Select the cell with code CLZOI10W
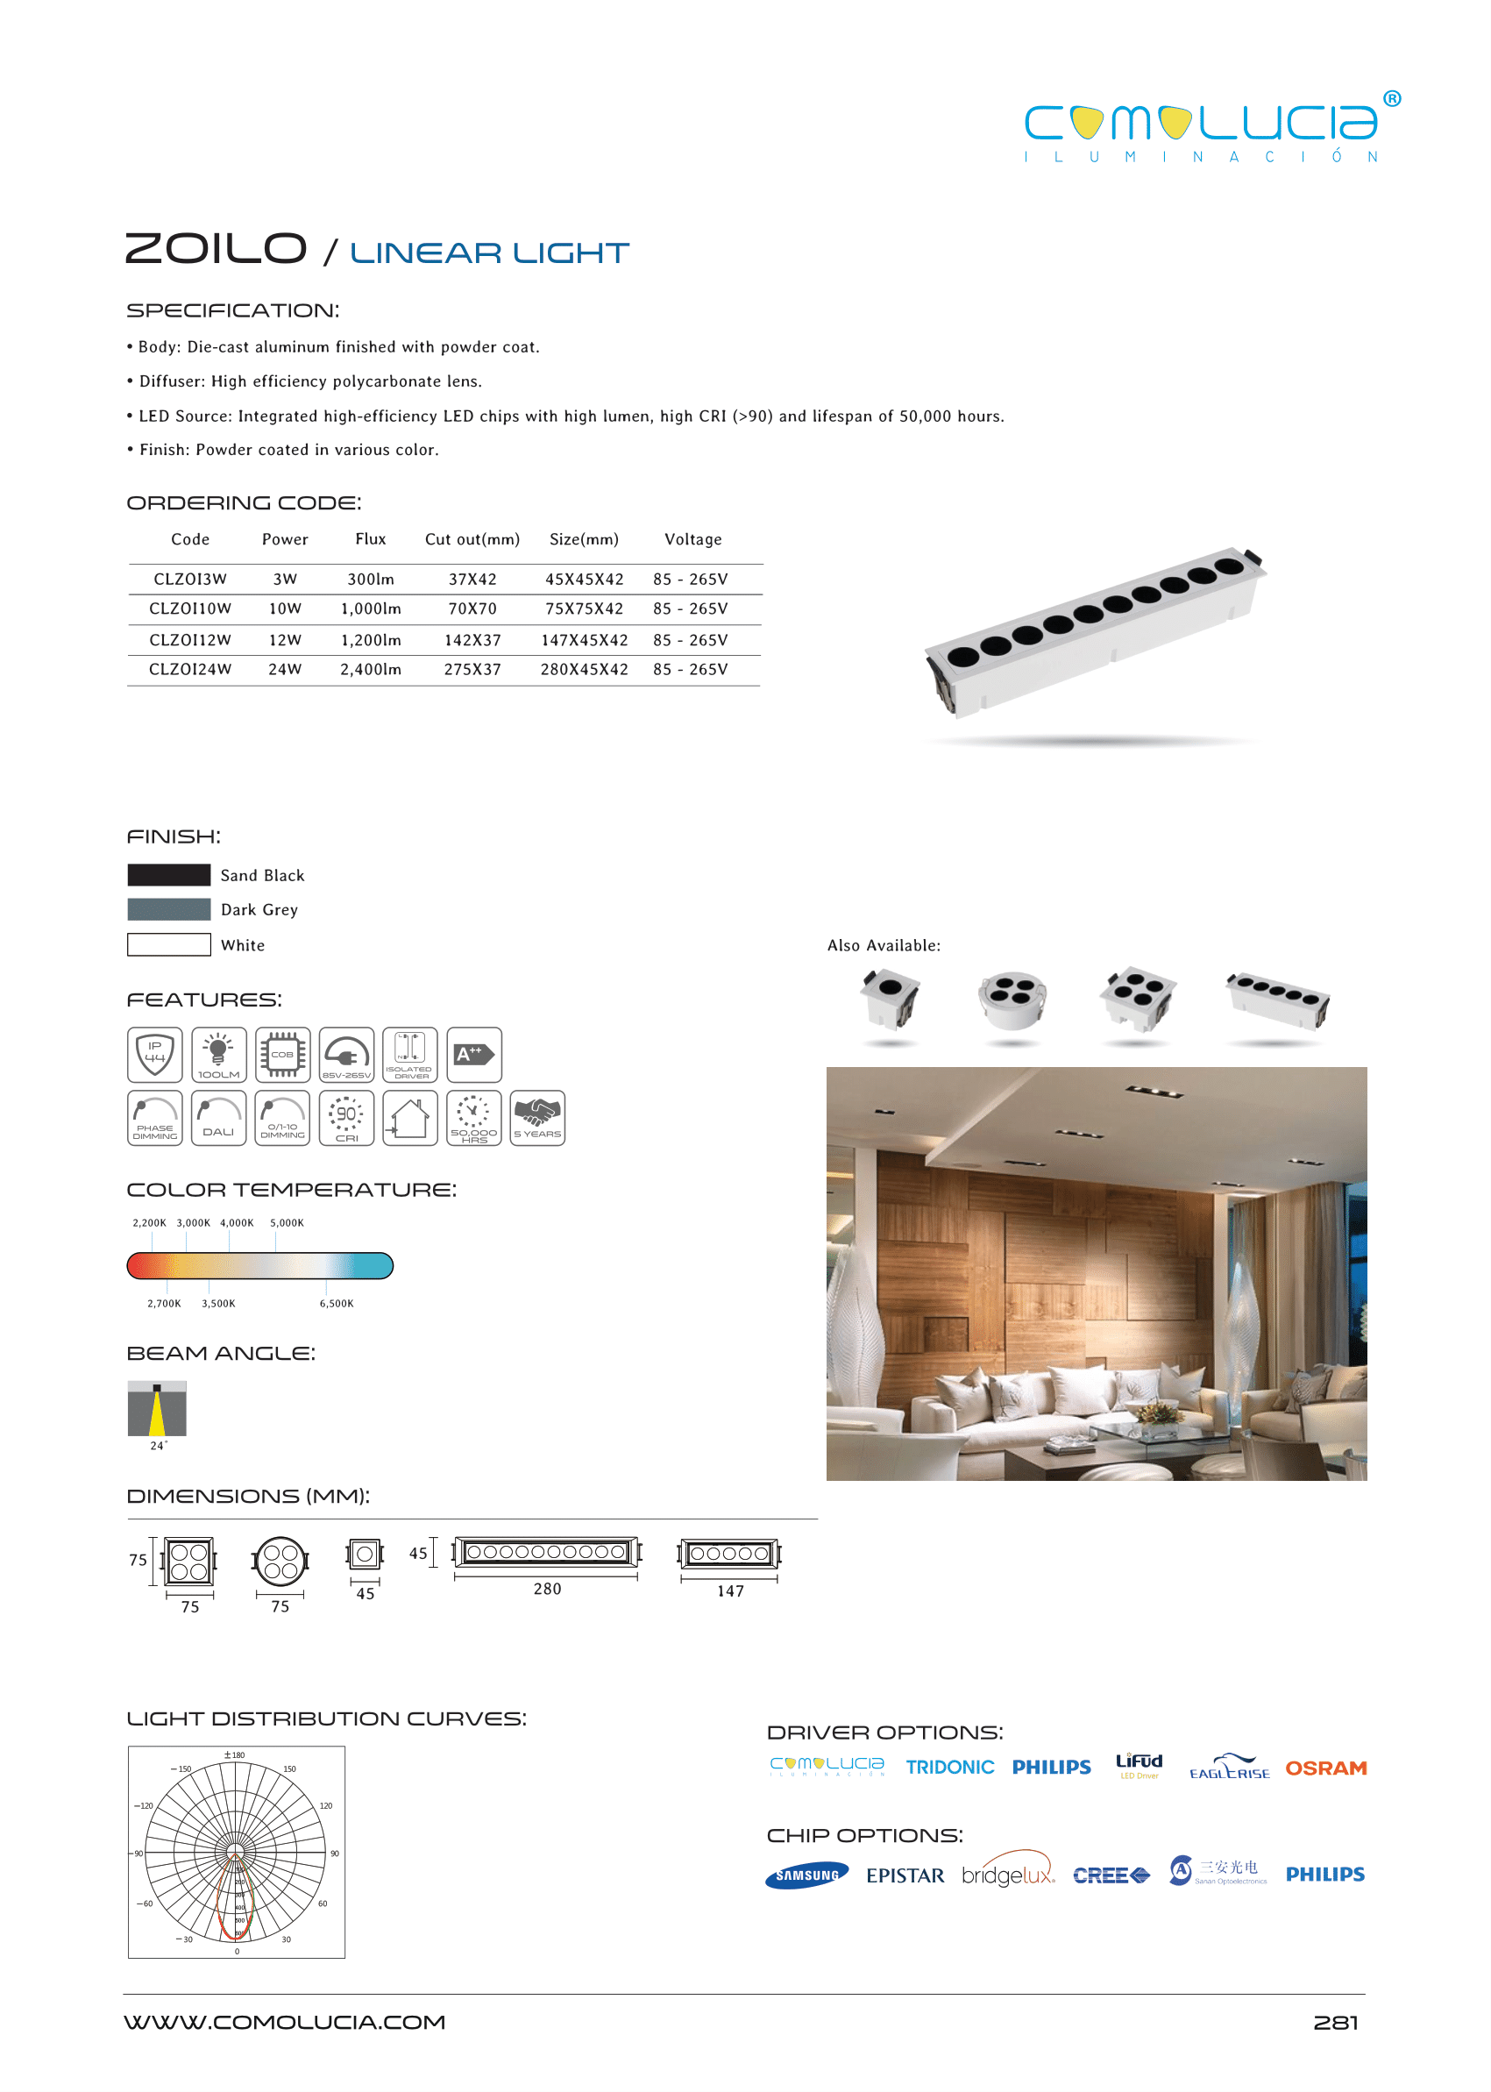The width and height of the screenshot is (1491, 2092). pos(190,608)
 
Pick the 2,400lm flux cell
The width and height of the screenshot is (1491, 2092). pos(371,670)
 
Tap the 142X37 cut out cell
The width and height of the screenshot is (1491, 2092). pos(472,640)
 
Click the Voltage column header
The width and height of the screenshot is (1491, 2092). pos(693,540)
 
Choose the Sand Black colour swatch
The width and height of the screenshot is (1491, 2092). pos(169,875)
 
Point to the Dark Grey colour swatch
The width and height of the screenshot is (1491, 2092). pos(169,910)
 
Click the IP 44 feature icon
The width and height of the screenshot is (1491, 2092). pos(155,1054)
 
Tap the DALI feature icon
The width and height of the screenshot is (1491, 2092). pos(218,1118)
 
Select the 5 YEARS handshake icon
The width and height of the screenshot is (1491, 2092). pos(537,1118)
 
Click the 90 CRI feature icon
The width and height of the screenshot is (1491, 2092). pos(346,1118)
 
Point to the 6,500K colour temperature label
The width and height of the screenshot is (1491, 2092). pos(336,1304)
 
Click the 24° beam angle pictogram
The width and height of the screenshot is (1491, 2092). pos(157,1409)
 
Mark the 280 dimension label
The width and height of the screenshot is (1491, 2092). pos(547,1590)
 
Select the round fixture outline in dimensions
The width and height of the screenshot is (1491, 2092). pos(280,1562)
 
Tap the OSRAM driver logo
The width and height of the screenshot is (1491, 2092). pos(1325,1768)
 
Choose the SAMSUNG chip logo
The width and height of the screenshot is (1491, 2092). pos(807,1875)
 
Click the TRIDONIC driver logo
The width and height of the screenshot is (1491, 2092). pos(949,1768)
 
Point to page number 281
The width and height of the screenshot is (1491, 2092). pos(1335,2023)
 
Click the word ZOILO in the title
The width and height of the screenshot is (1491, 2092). pos(216,249)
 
